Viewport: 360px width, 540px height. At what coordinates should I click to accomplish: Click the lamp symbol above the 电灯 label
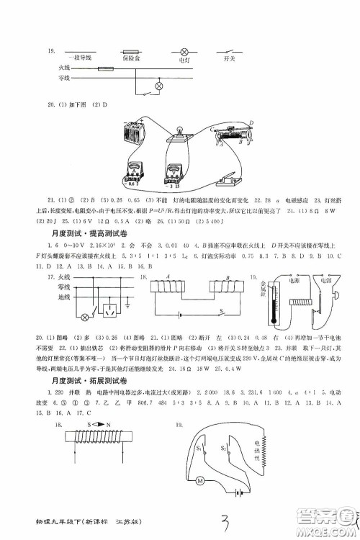point(183,51)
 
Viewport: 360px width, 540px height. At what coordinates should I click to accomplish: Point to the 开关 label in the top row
point(230,60)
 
